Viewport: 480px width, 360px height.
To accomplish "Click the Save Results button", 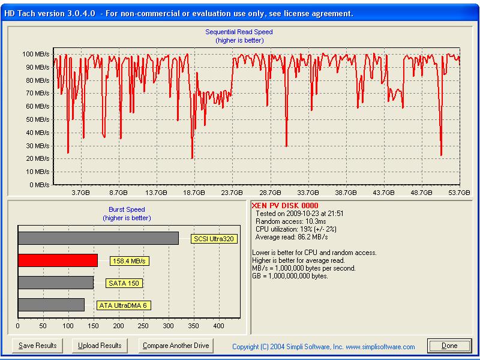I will click(37, 346).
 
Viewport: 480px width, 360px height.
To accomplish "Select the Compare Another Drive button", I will click(176, 346).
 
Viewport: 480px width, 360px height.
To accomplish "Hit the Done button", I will click(449, 346).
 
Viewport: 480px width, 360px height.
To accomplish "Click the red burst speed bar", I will click(58, 260).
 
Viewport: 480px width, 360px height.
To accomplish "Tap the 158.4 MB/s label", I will click(129, 261).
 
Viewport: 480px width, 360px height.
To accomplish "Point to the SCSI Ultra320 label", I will click(214, 239).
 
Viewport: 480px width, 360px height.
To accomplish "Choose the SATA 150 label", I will click(125, 283).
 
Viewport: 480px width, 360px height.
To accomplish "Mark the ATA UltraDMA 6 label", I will click(124, 305).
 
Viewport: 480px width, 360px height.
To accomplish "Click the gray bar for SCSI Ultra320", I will click(98, 238).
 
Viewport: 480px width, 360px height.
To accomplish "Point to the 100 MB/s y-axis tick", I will click(36, 55).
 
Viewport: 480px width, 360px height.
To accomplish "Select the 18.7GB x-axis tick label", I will click(194, 193).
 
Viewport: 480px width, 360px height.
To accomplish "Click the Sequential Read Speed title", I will click(239, 32).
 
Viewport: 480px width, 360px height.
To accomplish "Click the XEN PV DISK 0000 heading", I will click(281, 206).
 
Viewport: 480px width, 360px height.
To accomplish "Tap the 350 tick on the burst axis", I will click(193, 326).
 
